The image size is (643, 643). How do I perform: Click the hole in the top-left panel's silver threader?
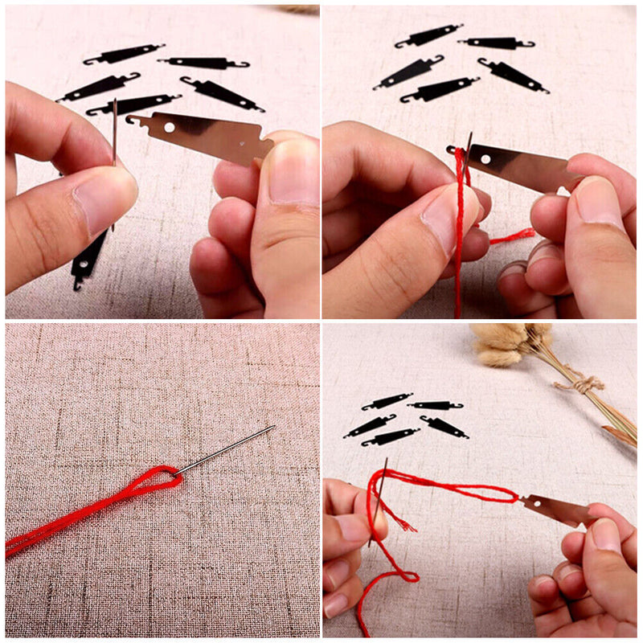click(170, 127)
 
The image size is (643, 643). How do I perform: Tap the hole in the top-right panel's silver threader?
click(485, 159)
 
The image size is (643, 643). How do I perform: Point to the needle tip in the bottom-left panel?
click(273, 427)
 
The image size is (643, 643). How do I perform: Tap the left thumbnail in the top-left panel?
click(102, 198)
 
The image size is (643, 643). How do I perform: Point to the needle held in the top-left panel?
click(115, 129)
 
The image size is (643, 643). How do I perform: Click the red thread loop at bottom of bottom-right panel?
click(402, 575)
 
